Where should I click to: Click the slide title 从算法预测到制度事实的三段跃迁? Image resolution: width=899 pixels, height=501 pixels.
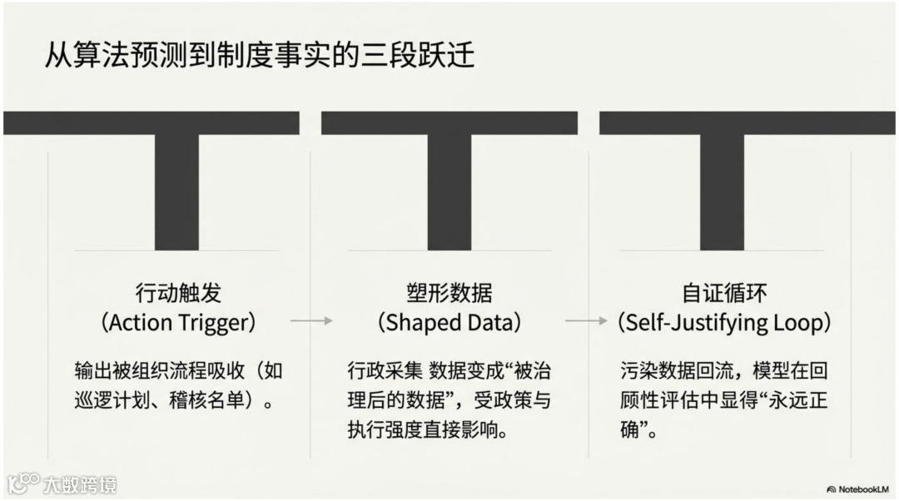point(260,55)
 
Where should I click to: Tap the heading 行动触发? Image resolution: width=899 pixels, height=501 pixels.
point(178,293)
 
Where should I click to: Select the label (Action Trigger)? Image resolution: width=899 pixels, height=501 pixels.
point(178,322)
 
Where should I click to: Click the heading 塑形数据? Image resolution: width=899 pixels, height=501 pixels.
point(449,293)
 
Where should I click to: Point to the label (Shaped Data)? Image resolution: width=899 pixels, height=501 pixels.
point(449,322)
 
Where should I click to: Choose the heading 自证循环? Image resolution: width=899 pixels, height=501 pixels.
point(724,293)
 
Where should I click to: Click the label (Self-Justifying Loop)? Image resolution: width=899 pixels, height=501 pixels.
point(724,322)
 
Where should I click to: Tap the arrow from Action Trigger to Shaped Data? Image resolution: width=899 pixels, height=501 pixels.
point(311,320)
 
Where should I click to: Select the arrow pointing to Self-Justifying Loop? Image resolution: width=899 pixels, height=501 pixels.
point(586,320)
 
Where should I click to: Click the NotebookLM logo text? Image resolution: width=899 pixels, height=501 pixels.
point(862,489)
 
